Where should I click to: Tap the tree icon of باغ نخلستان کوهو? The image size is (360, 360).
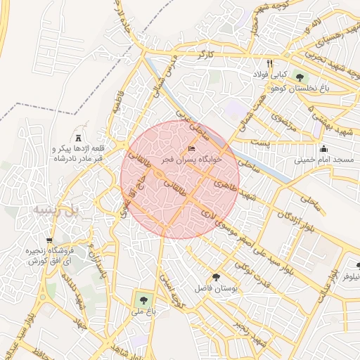(x=301, y=77)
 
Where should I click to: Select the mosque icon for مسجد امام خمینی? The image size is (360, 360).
(x=323, y=148)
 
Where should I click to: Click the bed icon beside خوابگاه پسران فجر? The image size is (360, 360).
(x=192, y=149)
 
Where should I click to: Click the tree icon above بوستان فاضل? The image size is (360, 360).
(x=215, y=277)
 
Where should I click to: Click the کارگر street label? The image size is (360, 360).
(x=205, y=54)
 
